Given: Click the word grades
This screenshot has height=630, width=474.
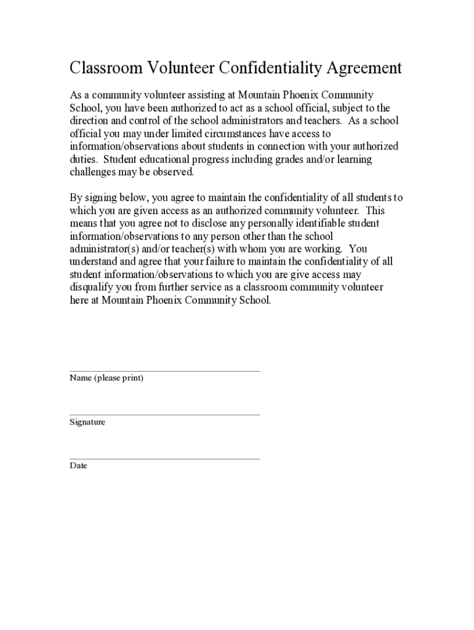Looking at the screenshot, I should [304, 159].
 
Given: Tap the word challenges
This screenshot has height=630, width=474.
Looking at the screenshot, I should [93, 172].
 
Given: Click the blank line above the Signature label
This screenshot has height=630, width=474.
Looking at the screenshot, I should [164, 415].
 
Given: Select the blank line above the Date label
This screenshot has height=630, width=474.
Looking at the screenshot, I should [164, 458].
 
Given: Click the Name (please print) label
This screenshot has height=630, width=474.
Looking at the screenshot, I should [106, 378].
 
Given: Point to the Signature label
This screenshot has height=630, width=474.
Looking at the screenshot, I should [87, 422].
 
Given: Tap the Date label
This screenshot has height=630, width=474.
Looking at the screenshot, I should [78, 466].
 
